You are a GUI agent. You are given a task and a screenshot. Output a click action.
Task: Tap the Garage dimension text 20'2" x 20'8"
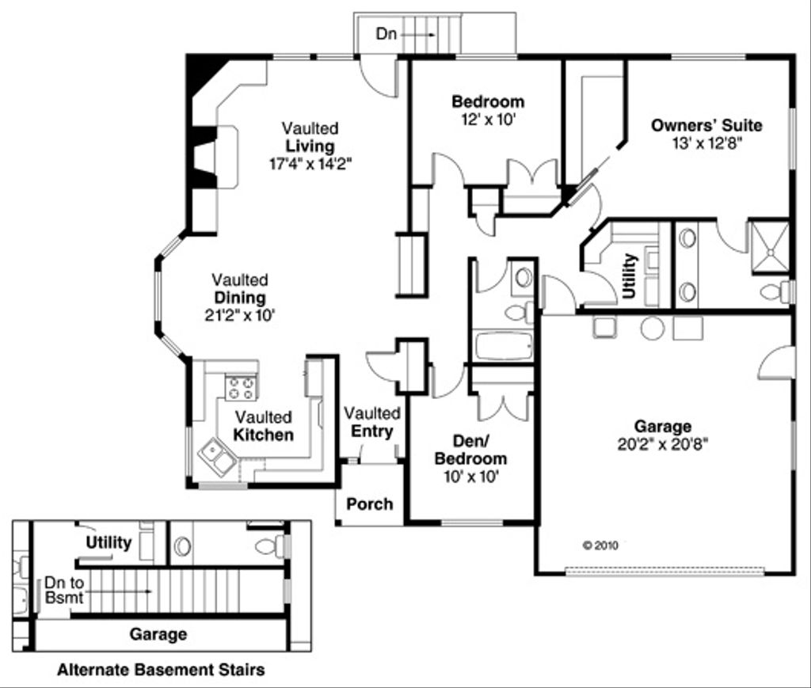[x=662, y=444]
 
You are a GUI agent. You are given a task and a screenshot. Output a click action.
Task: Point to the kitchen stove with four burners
[x=242, y=388]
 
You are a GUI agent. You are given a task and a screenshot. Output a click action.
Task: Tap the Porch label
[x=369, y=504]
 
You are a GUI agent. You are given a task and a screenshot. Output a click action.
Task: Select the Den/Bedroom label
[x=470, y=450]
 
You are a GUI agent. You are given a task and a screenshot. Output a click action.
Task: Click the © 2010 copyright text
[x=600, y=545]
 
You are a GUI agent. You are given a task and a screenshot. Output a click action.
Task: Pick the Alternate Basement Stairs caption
[x=161, y=671]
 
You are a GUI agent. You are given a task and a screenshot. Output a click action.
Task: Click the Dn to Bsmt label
[x=63, y=590]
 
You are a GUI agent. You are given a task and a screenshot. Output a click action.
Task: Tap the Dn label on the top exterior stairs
[x=386, y=35]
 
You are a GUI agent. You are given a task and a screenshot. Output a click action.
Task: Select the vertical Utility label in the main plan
[x=630, y=276]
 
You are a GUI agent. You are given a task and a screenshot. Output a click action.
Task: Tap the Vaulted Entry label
[x=372, y=422]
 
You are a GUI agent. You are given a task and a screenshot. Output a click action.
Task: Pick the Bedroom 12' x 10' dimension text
[x=488, y=120]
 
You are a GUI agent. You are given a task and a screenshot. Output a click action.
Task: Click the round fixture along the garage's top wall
[x=652, y=328]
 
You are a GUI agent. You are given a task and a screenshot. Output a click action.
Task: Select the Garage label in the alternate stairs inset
[x=158, y=634]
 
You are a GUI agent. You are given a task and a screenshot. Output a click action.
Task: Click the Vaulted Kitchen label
[x=262, y=426]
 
